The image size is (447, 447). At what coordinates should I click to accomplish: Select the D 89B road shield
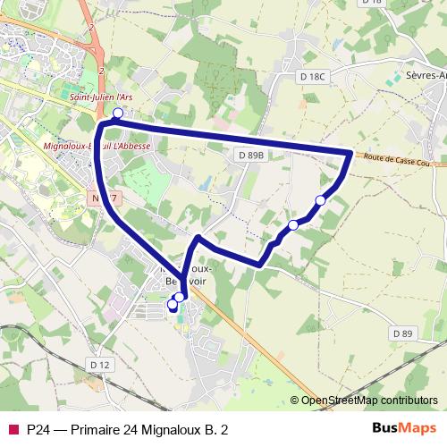[x=252, y=155]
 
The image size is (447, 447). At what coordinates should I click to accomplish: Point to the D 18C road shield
[x=313, y=77]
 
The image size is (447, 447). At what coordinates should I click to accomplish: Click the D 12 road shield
[x=98, y=364]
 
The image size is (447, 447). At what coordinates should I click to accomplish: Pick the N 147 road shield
[x=105, y=195]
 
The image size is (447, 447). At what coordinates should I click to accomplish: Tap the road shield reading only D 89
[x=403, y=333]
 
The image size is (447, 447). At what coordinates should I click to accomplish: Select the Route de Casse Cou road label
[x=399, y=161]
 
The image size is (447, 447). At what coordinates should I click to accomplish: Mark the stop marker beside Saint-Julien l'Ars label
[x=117, y=113]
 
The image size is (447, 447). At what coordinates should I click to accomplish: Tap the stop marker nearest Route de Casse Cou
[x=321, y=199]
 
